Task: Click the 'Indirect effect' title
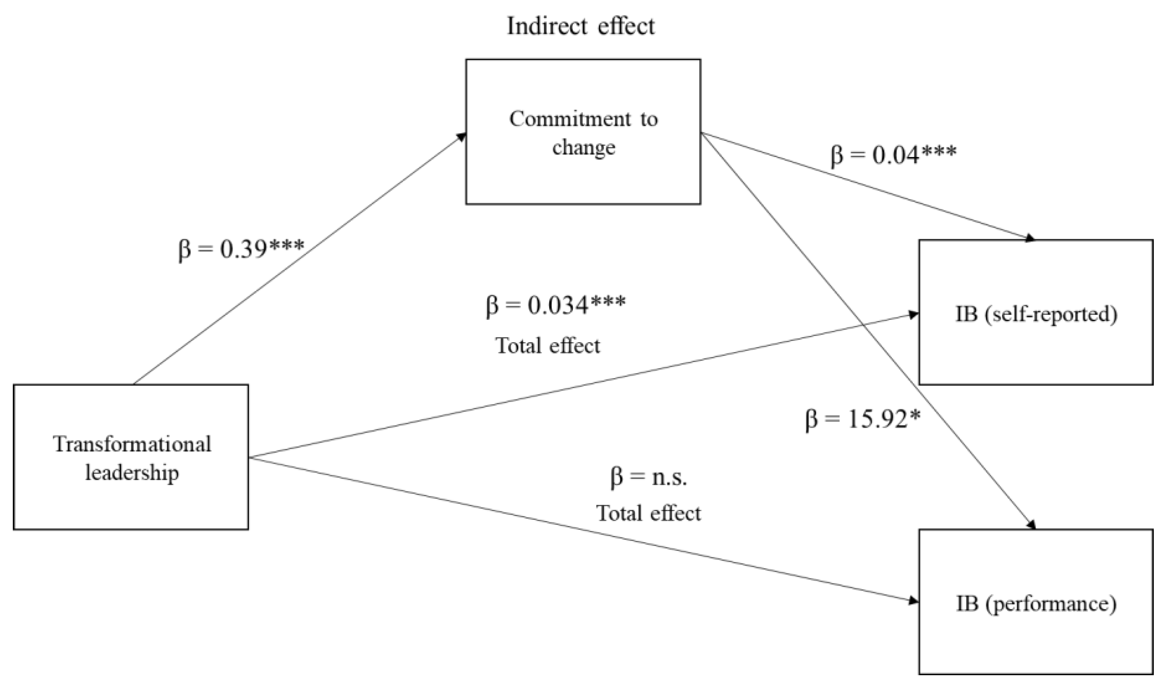pyautogui.click(x=581, y=26)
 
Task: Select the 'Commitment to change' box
pyautogui.click(x=583, y=131)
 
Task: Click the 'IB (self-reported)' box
pyautogui.click(x=1036, y=312)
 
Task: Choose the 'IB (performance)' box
pyautogui.click(x=1036, y=601)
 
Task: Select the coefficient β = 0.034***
pyautogui.click(x=555, y=305)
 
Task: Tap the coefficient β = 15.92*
pyautogui.click(x=862, y=419)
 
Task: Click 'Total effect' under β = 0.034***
pyautogui.click(x=548, y=345)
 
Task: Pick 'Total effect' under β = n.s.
pyautogui.click(x=648, y=513)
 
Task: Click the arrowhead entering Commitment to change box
pyautogui.click(x=462, y=136)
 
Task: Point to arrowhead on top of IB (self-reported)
pyautogui.click(x=1030, y=239)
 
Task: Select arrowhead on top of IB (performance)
pyautogui.click(x=1031, y=525)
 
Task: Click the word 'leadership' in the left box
pyautogui.click(x=132, y=473)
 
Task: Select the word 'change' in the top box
pyautogui.click(x=583, y=148)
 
